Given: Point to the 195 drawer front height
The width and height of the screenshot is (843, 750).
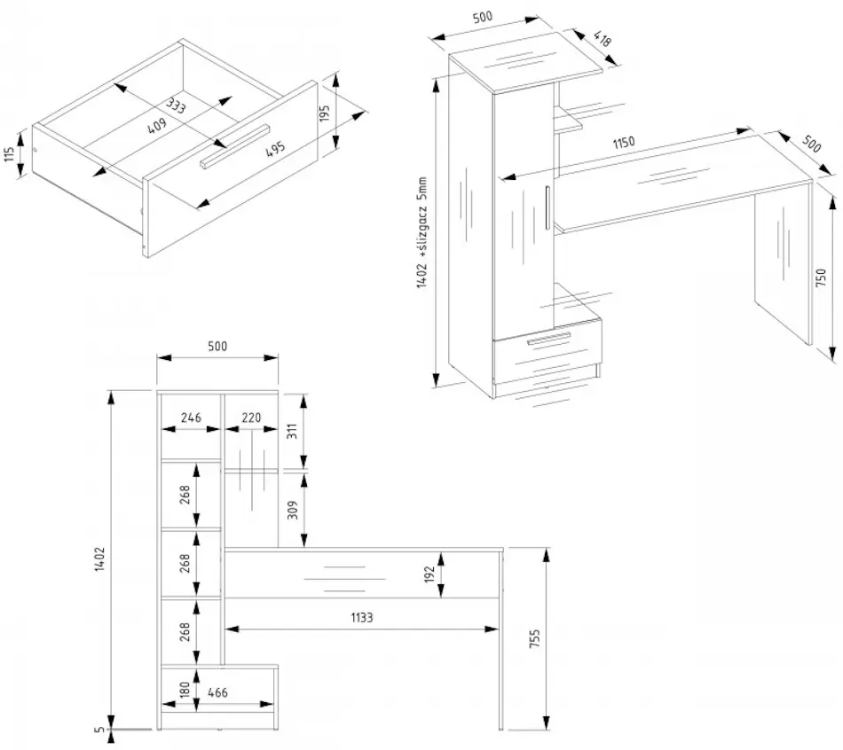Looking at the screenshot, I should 325,113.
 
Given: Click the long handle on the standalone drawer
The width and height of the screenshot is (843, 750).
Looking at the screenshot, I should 233,145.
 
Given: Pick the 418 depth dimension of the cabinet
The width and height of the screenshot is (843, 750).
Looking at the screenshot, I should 601,40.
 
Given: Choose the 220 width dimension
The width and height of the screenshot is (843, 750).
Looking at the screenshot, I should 251,418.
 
